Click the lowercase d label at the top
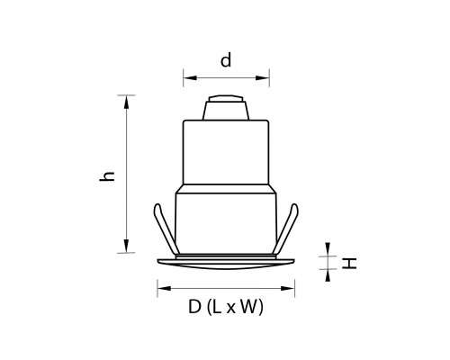pos(226,60)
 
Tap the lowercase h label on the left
pos(107,176)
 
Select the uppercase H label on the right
pos(349,263)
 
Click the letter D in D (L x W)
pos(194,307)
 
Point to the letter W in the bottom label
pos(248,307)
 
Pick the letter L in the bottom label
pos(217,307)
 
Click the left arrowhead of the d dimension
pos(190,78)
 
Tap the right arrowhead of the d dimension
pos(263,78)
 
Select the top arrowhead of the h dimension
pos(126,102)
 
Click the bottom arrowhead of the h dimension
pos(126,246)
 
